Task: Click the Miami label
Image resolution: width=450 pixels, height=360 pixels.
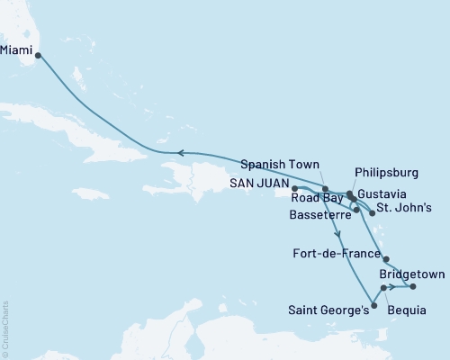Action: point(17,51)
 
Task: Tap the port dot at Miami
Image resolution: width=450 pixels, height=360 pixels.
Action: point(39,57)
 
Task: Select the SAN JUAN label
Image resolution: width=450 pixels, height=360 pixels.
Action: point(258,182)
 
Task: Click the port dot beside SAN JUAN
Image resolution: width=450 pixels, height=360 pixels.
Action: point(294,189)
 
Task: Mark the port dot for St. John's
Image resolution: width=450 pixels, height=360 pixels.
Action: point(372,213)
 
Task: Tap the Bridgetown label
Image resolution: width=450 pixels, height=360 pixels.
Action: point(409,272)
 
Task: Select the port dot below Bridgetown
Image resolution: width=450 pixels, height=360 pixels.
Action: point(413,287)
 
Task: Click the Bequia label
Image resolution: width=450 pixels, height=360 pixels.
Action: point(407,310)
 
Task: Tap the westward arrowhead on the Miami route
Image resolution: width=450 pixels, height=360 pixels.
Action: point(180,153)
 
